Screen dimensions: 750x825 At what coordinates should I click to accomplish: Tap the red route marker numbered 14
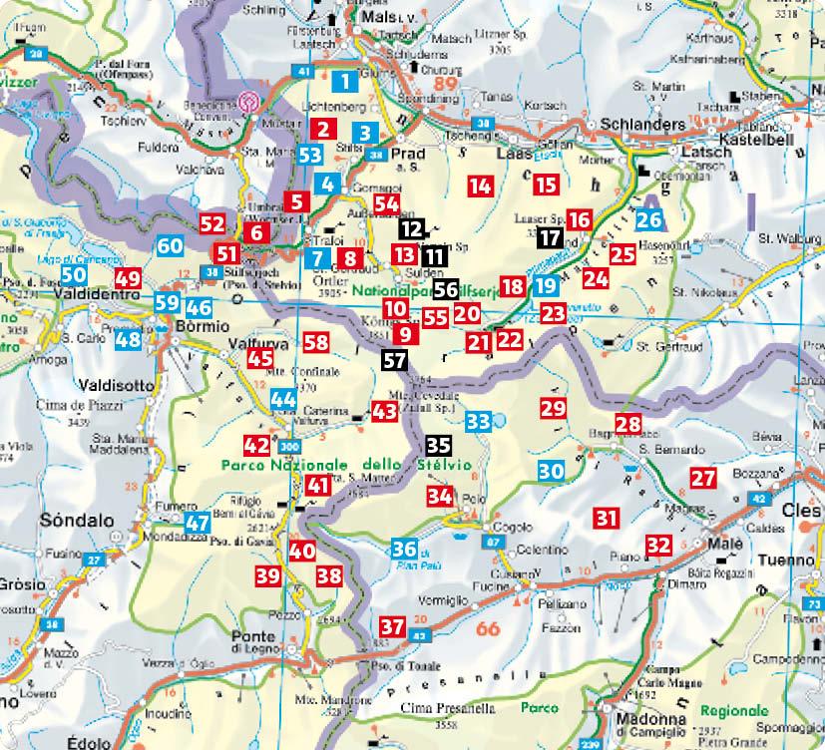click(x=481, y=185)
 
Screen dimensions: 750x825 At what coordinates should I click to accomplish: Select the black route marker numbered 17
click(x=549, y=237)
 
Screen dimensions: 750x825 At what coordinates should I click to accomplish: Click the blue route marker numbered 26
click(x=649, y=220)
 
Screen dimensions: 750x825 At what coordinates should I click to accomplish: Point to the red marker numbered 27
click(x=703, y=478)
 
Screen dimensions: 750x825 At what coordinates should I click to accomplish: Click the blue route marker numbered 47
click(x=198, y=521)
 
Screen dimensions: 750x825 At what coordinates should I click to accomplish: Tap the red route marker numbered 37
click(x=392, y=627)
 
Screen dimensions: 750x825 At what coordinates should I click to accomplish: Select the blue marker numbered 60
click(x=170, y=245)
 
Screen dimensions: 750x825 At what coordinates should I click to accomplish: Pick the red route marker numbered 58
click(x=316, y=342)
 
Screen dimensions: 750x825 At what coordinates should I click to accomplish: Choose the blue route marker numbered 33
click(x=478, y=420)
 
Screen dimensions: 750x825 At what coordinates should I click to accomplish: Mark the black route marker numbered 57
click(x=394, y=360)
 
